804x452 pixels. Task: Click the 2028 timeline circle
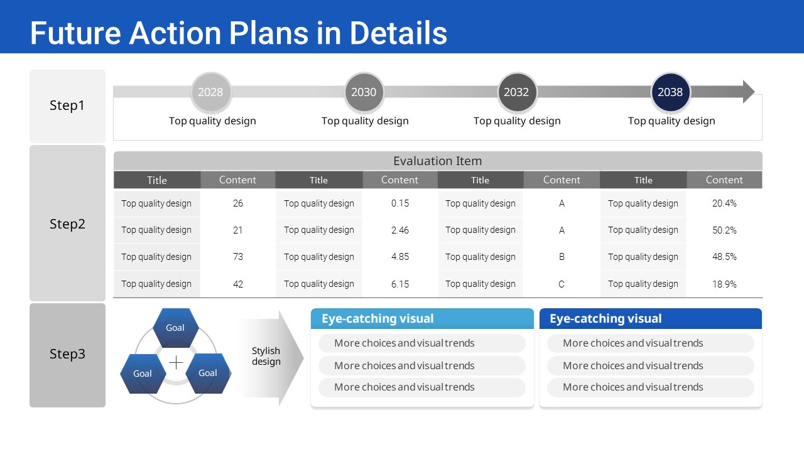point(210,92)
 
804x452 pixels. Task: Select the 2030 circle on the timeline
point(364,92)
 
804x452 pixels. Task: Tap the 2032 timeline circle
point(517,92)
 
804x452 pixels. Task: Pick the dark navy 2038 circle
point(670,92)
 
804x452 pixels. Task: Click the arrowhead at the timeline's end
point(748,92)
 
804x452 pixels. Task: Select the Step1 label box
point(67,106)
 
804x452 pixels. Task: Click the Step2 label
point(67,223)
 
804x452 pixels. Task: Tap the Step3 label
point(67,355)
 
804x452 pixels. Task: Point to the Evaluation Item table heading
point(438,161)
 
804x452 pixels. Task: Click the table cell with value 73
point(237,257)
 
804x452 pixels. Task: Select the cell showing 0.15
point(400,203)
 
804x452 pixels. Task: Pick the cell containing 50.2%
point(724,230)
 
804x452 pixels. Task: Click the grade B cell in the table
point(562,257)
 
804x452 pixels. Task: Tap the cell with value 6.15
point(400,284)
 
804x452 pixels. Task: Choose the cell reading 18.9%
point(724,284)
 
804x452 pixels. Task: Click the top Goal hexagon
point(175,328)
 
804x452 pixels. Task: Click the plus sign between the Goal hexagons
point(176,363)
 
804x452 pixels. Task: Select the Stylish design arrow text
point(266,356)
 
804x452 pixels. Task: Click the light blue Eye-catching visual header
point(422,318)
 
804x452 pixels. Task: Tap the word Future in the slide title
point(75,33)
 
